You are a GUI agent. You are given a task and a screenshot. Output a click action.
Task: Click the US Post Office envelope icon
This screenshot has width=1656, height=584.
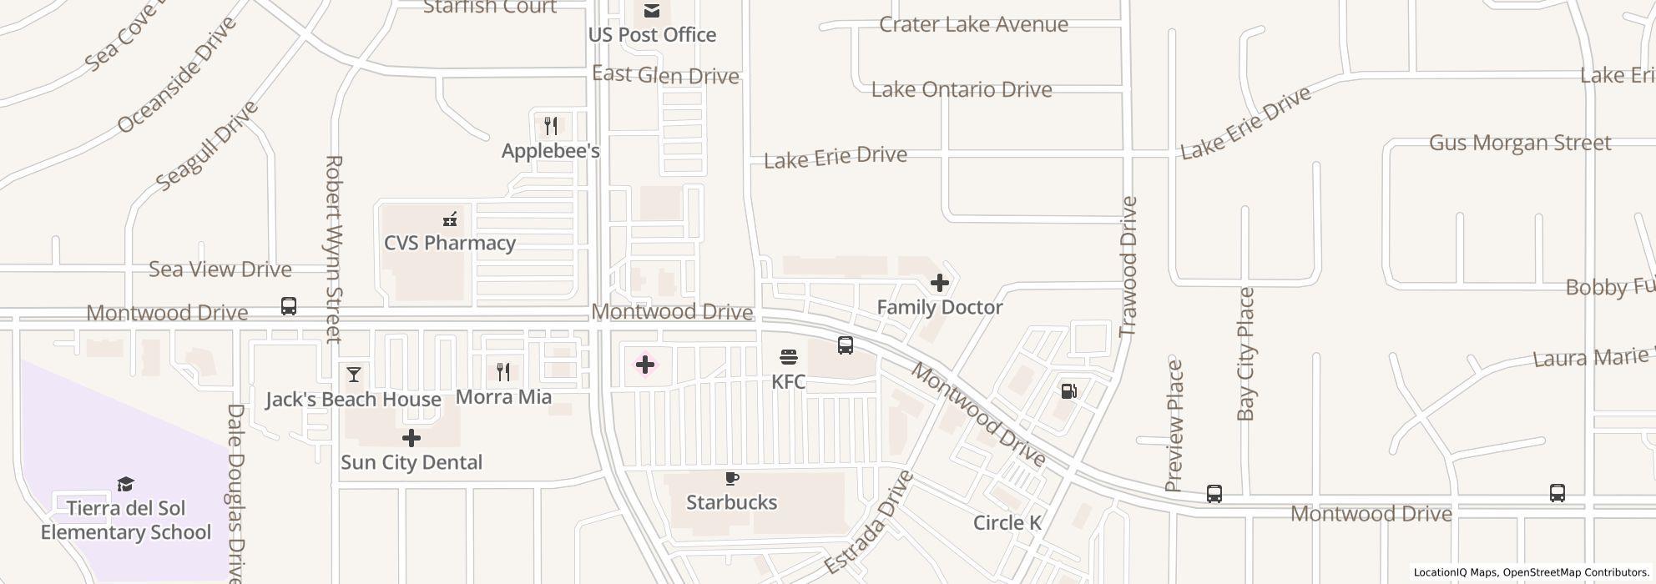pyautogui.click(x=652, y=11)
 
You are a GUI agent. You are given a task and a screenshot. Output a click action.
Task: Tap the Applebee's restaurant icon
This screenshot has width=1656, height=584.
pyautogui.click(x=551, y=126)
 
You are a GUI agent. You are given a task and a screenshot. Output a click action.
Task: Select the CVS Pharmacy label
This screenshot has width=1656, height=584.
pyautogui.click(x=450, y=243)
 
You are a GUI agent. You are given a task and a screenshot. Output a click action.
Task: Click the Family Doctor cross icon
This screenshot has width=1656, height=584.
pyautogui.click(x=940, y=283)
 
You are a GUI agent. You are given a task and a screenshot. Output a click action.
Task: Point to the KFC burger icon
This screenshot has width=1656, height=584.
pyautogui.click(x=789, y=357)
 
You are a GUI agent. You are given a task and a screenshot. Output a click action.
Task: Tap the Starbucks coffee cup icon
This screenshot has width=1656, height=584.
pyautogui.click(x=732, y=478)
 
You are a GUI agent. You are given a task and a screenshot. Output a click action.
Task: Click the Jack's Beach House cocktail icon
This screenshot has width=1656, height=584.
pyautogui.click(x=354, y=375)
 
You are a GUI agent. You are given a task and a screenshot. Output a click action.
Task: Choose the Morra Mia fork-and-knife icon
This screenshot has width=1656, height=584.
pyautogui.click(x=503, y=371)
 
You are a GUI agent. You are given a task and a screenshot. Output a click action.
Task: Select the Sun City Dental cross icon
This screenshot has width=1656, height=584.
pyautogui.click(x=411, y=438)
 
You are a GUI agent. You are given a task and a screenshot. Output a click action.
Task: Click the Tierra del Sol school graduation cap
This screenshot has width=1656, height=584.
pyautogui.click(x=126, y=484)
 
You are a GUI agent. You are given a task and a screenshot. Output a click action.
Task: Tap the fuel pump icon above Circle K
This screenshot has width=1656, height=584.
pyautogui.click(x=1068, y=390)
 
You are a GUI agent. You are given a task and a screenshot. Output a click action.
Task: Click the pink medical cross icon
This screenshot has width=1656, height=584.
pyautogui.click(x=645, y=365)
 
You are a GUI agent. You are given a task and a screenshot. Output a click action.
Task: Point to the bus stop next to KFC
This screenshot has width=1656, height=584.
pyautogui.click(x=846, y=345)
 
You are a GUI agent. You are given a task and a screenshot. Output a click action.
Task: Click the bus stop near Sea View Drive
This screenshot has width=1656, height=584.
pyautogui.click(x=289, y=306)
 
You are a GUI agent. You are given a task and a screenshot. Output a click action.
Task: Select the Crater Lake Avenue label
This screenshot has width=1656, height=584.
pyautogui.click(x=973, y=24)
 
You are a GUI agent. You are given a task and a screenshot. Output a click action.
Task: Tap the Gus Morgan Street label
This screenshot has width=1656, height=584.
pyautogui.click(x=1520, y=143)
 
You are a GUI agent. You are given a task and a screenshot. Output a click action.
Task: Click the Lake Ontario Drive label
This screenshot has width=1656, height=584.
pyautogui.click(x=962, y=89)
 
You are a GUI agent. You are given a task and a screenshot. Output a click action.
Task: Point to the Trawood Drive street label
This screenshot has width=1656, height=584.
pyautogui.click(x=1128, y=266)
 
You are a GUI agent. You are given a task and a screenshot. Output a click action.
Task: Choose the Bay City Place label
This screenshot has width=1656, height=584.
pyautogui.click(x=1246, y=354)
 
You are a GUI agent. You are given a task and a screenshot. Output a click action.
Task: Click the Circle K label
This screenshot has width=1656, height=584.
pyautogui.click(x=1007, y=523)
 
